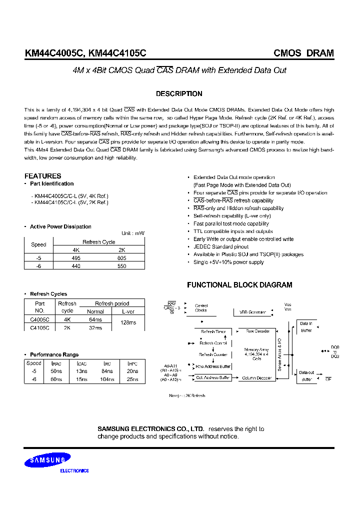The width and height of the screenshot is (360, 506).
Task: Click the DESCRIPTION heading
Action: click(179, 93)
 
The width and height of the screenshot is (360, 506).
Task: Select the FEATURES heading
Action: click(42, 176)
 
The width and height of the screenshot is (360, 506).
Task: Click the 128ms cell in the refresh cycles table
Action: click(128, 322)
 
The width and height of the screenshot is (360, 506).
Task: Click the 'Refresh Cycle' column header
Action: click(98, 242)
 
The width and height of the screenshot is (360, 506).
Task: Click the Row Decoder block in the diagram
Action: click(257, 331)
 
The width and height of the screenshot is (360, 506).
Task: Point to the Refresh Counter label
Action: click(213, 354)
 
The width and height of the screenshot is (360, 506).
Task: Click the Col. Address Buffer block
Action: click(213, 377)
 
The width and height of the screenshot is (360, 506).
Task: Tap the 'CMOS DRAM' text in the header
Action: click(303, 53)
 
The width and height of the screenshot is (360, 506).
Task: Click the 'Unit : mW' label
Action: click(133, 233)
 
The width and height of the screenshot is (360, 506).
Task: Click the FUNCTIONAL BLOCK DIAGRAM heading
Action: click(239, 284)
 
